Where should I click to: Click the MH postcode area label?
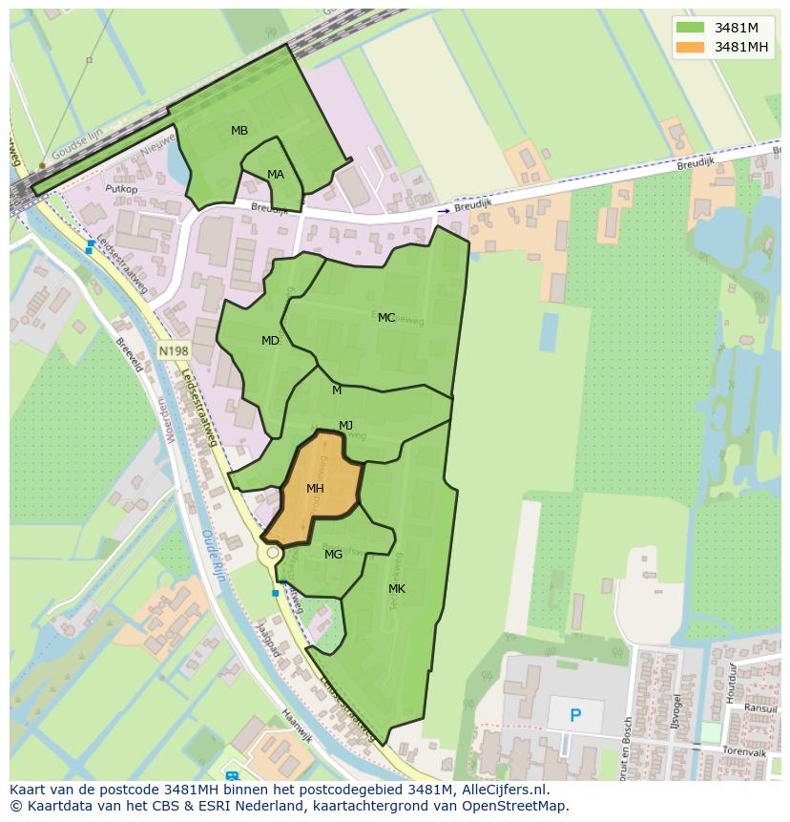click(315, 489)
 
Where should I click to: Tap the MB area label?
click(239, 131)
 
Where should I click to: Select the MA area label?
click(276, 175)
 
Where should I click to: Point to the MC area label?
click(386, 318)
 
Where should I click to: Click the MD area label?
click(270, 341)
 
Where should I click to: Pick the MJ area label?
click(345, 426)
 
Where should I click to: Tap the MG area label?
click(333, 555)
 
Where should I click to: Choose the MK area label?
click(397, 589)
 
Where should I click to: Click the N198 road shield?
click(173, 351)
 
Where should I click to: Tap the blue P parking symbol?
click(574, 715)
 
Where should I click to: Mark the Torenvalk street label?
click(744, 753)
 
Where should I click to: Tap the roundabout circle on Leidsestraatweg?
click(273, 553)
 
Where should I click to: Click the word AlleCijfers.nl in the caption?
click(515, 790)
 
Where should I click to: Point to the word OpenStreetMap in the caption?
click(516, 806)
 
